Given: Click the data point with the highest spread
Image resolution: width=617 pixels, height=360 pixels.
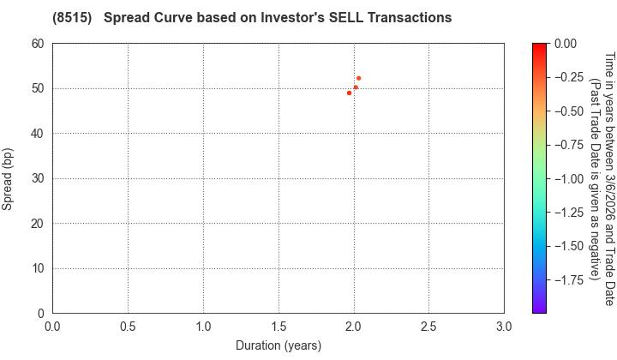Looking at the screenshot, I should point(358,78).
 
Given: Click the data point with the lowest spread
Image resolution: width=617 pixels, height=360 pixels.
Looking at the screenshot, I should point(349,93).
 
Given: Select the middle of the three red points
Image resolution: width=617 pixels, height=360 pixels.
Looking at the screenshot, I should point(356,87).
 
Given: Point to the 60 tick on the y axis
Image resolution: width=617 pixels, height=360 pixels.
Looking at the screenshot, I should point(39,44).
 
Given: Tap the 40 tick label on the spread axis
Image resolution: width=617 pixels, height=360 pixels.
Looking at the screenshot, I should point(39,134).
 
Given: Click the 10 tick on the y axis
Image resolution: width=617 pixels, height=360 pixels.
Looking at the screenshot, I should point(39,269).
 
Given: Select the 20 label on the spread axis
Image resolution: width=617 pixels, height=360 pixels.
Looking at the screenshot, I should point(39,224).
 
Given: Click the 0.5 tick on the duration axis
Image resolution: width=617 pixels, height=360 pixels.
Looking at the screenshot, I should point(128,327).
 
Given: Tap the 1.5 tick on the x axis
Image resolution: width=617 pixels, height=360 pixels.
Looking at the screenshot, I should point(279,327).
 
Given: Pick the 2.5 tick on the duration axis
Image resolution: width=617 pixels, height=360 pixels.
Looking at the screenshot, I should point(428,327).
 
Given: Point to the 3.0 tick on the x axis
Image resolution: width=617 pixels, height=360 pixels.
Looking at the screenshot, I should point(504,327).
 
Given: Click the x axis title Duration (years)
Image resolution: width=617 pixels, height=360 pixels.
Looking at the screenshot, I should point(279,345).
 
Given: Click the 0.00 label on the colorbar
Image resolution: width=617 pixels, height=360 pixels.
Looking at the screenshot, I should point(565,44).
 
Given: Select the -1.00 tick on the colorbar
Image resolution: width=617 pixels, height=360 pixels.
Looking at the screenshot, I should point(567,178).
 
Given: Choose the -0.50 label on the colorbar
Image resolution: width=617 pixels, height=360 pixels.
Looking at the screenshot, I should point(567,111).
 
